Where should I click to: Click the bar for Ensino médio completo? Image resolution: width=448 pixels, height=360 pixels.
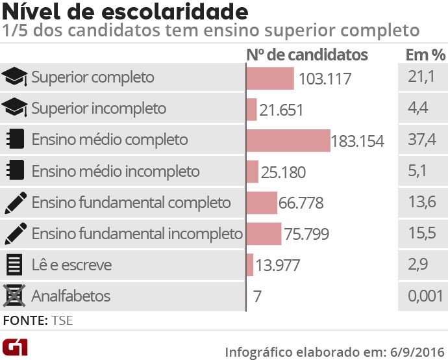(x=288, y=140)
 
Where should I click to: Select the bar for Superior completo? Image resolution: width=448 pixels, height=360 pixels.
(x=271, y=78)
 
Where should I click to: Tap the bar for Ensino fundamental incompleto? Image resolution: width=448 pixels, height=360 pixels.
(x=264, y=234)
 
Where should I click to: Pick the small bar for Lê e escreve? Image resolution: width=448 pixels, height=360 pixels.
(x=250, y=265)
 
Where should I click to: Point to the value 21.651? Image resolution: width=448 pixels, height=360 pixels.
(x=281, y=110)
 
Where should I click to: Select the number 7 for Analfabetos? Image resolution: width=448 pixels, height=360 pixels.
(x=257, y=297)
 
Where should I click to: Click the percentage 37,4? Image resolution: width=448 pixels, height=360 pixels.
(x=417, y=140)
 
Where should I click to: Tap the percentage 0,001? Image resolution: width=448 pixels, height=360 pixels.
(x=421, y=297)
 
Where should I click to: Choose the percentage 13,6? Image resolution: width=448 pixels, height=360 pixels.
(x=417, y=203)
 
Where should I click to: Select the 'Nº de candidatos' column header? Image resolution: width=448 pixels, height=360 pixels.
(x=307, y=55)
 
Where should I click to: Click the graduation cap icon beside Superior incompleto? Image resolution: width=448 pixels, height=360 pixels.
(x=15, y=109)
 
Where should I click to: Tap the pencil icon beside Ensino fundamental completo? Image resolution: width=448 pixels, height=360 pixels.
(x=15, y=203)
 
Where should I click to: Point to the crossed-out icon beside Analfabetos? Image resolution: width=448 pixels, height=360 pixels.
(x=14, y=297)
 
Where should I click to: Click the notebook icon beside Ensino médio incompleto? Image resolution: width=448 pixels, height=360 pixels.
(x=15, y=172)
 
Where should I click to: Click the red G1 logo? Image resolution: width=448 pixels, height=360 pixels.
(x=15, y=347)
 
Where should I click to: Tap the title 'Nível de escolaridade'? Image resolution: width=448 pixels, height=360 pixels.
(x=125, y=12)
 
